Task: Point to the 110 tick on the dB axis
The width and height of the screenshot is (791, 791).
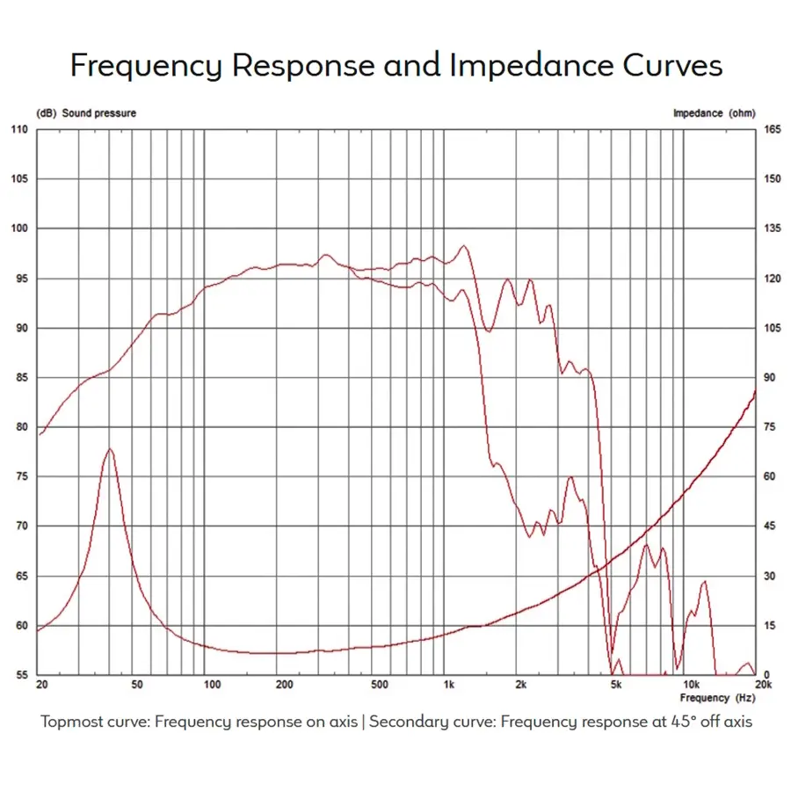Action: tap(20, 130)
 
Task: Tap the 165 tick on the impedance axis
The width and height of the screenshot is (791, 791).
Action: tap(772, 130)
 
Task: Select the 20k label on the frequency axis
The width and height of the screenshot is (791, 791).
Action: tap(762, 684)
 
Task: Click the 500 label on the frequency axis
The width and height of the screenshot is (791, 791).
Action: tap(380, 684)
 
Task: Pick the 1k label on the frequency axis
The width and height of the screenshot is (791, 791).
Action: tap(448, 684)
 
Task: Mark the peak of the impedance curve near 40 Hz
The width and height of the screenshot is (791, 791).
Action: tap(110, 449)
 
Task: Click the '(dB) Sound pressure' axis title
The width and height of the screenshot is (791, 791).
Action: tap(86, 113)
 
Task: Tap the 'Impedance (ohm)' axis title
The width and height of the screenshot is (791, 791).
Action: tap(713, 113)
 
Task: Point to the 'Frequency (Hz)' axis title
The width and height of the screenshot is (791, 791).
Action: tap(716, 698)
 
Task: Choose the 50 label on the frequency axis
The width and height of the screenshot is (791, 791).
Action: tap(136, 684)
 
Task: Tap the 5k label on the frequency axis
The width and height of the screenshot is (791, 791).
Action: tap(616, 684)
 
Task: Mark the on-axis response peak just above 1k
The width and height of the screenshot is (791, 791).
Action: tap(464, 246)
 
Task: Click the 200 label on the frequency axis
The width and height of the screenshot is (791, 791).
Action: tap(283, 684)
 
